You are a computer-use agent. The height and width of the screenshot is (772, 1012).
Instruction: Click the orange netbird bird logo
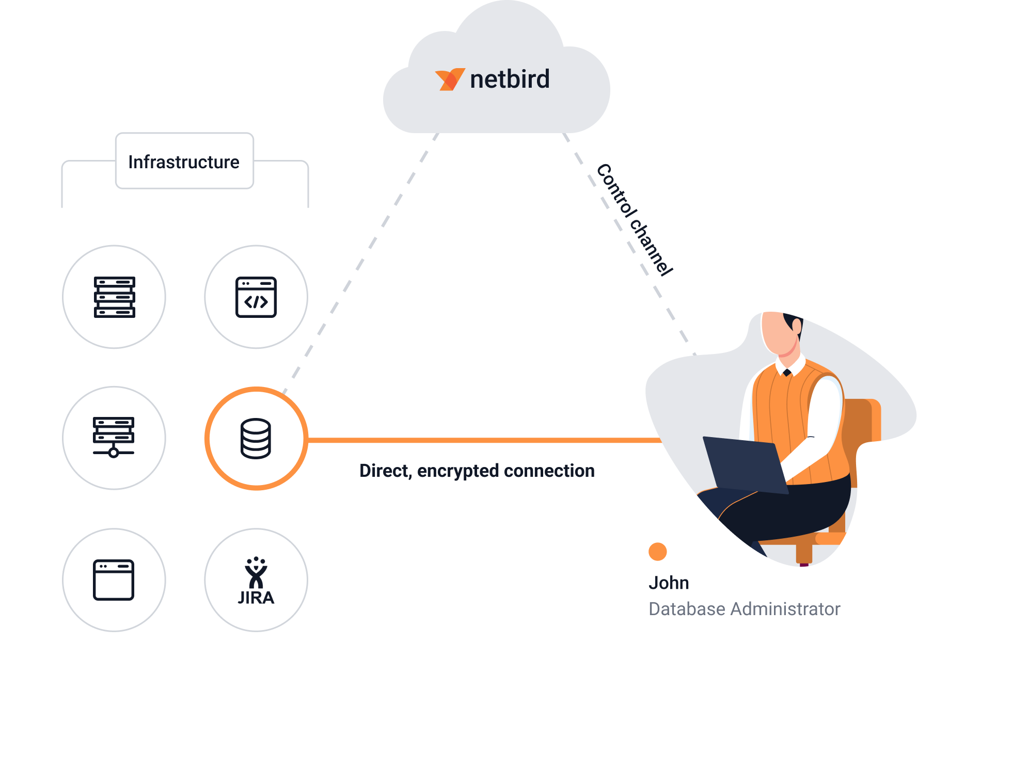[449, 79]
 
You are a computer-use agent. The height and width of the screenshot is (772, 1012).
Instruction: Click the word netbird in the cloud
[510, 79]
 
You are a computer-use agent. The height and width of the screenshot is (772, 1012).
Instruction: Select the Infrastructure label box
[184, 162]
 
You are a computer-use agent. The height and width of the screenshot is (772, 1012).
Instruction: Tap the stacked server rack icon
[114, 297]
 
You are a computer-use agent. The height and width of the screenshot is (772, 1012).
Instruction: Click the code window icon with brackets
[256, 297]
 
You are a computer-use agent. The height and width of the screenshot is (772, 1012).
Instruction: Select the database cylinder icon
[256, 439]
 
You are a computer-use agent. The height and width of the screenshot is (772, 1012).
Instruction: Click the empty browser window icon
[114, 580]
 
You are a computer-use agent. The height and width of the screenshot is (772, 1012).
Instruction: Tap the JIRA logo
[256, 581]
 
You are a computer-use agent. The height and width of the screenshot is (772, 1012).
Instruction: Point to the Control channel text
[635, 220]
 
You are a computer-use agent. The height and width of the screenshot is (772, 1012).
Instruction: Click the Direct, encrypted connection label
[477, 471]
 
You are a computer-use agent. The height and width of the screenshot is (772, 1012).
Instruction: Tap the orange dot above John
[657, 552]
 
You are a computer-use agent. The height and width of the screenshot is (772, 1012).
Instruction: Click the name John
[669, 583]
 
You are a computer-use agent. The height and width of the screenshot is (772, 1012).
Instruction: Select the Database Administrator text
[744, 609]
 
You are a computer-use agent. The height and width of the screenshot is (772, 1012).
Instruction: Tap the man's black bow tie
[787, 372]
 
